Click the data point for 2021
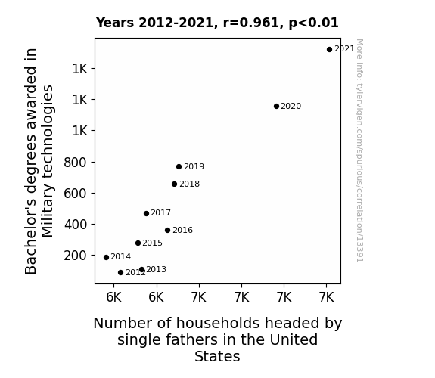click(x=329, y=50)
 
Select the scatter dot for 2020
click(x=276, y=106)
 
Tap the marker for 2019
click(x=179, y=166)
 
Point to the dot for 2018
click(x=174, y=184)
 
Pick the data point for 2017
click(x=147, y=213)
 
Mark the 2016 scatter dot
click(x=167, y=230)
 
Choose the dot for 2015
click(x=138, y=243)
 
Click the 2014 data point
click(x=106, y=257)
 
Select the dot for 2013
click(x=141, y=270)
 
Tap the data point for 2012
click(x=121, y=273)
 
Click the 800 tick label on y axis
click(x=75, y=163)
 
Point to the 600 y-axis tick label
click(x=75, y=194)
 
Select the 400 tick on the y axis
click(x=76, y=225)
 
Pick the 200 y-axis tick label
click(x=75, y=256)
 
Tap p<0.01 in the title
click(x=313, y=23)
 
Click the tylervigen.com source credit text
click(x=360, y=150)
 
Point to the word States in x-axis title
click(x=217, y=356)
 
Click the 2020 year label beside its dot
click(x=291, y=106)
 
